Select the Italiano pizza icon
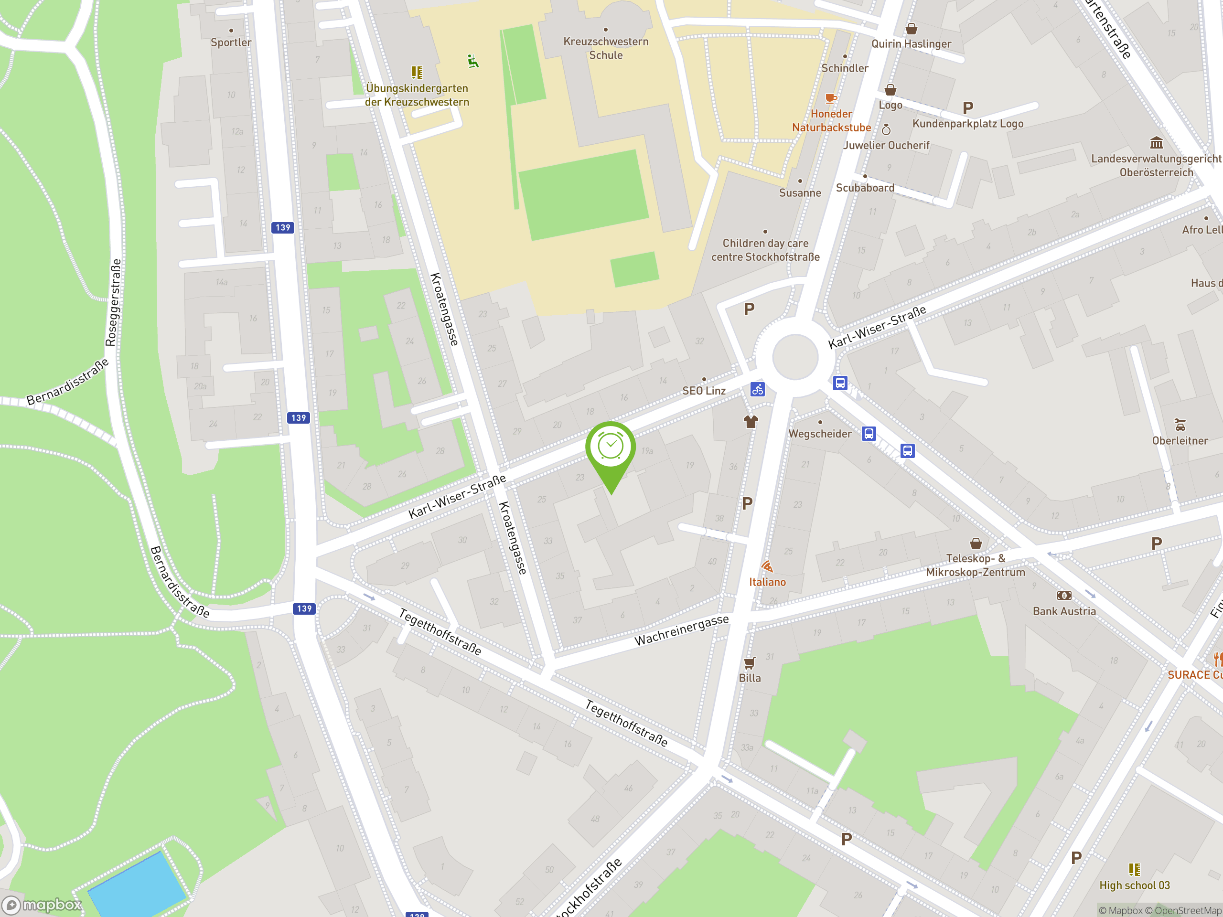coord(767,566)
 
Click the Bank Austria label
coord(1064,611)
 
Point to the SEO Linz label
coord(703,391)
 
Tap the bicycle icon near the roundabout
coord(758,389)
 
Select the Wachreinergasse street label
coord(681,630)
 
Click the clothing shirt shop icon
coord(750,422)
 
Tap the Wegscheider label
coord(819,434)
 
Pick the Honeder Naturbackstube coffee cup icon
coord(830,99)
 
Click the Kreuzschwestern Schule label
coord(605,48)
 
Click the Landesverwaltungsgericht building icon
coord(1156,143)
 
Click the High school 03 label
coord(1134,885)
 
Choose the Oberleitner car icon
coord(1180,425)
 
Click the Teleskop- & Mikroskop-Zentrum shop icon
coord(976,544)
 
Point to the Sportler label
coord(231,43)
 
